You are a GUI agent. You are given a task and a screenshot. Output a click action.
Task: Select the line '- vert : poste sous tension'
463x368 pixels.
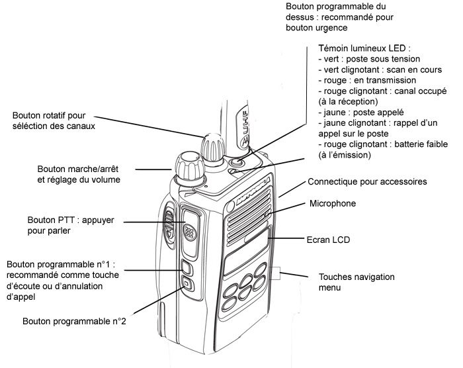(364, 60)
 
